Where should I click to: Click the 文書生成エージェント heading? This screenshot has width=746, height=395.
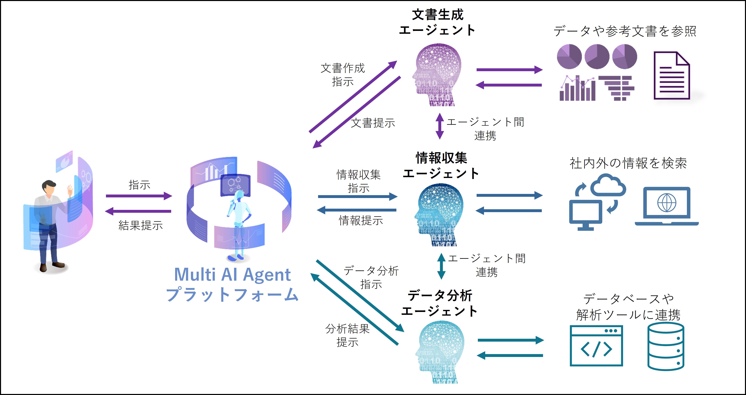(x=437, y=22)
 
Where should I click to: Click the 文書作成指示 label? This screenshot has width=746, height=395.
(x=343, y=75)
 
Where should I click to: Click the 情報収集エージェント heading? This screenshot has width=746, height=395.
(x=441, y=166)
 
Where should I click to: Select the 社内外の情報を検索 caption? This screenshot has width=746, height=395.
(x=628, y=163)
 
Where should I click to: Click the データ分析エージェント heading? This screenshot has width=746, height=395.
(x=440, y=303)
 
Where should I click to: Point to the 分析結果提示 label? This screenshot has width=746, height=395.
(x=347, y=335)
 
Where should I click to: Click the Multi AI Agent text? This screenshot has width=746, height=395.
(x=232, y=275)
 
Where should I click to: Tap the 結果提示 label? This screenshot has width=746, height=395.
(x=141, y=225)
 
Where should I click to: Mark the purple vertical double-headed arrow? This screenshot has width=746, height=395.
(x=440, y=126)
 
